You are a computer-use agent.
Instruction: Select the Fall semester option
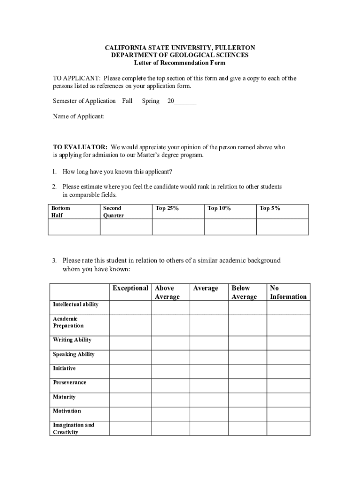point(127,101)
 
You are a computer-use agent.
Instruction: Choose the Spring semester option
point(151,101)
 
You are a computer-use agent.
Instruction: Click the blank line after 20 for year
point(185,102)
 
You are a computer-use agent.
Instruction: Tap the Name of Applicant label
point(79,116)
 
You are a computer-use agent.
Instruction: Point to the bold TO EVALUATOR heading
point(80,147)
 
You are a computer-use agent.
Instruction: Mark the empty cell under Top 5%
point(282,227)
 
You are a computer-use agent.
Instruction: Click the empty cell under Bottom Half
point(74,227)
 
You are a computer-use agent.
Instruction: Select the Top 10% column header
point(219,209)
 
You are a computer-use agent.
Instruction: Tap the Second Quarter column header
point(113,212)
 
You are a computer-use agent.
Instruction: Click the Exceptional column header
point(130,288)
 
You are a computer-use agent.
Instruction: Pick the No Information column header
point(288,292)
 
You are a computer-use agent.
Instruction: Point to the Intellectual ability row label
point(75,305)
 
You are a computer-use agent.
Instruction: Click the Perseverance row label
point(70,383)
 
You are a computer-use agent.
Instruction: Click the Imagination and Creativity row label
point(73,428)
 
